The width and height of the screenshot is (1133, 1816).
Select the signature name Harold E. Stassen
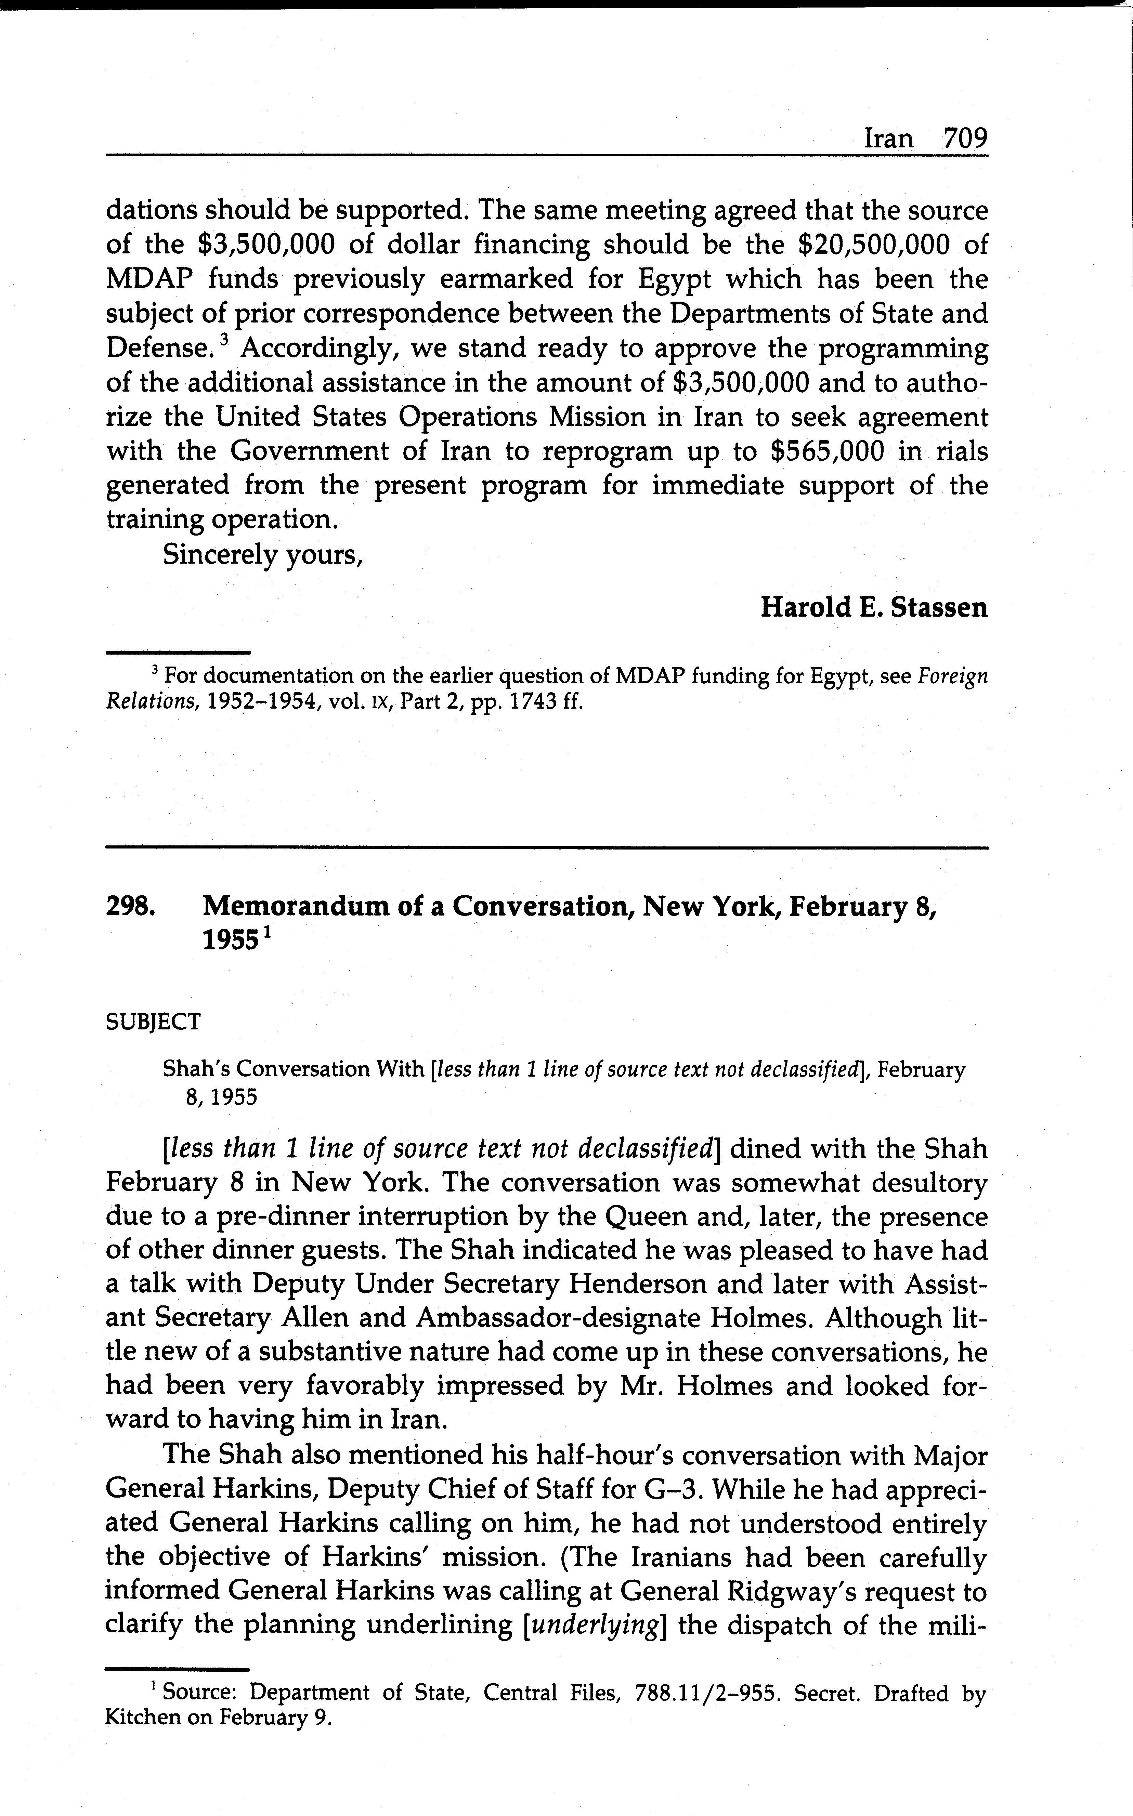[874, 607]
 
